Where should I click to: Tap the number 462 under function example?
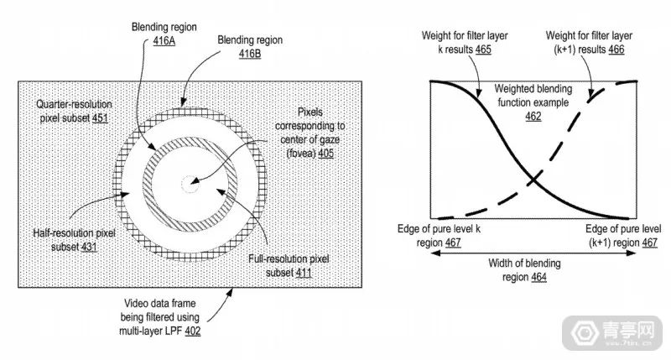tap(533, 117)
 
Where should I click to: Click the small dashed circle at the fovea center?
tap(194, 179)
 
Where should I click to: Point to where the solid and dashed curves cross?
tap(533, 179)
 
